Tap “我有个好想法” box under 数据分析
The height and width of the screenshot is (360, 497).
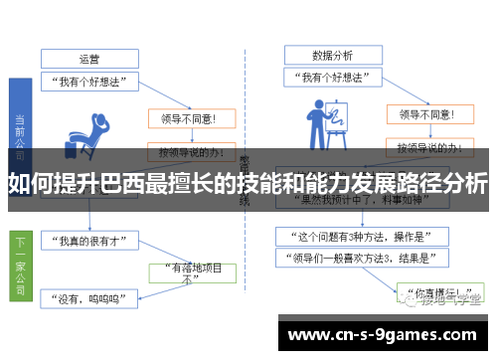332,77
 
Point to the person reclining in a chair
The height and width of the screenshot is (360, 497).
90,129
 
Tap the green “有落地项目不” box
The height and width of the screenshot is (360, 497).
190,272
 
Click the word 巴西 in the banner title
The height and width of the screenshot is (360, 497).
136,185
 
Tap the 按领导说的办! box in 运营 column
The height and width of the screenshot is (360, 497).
189,152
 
